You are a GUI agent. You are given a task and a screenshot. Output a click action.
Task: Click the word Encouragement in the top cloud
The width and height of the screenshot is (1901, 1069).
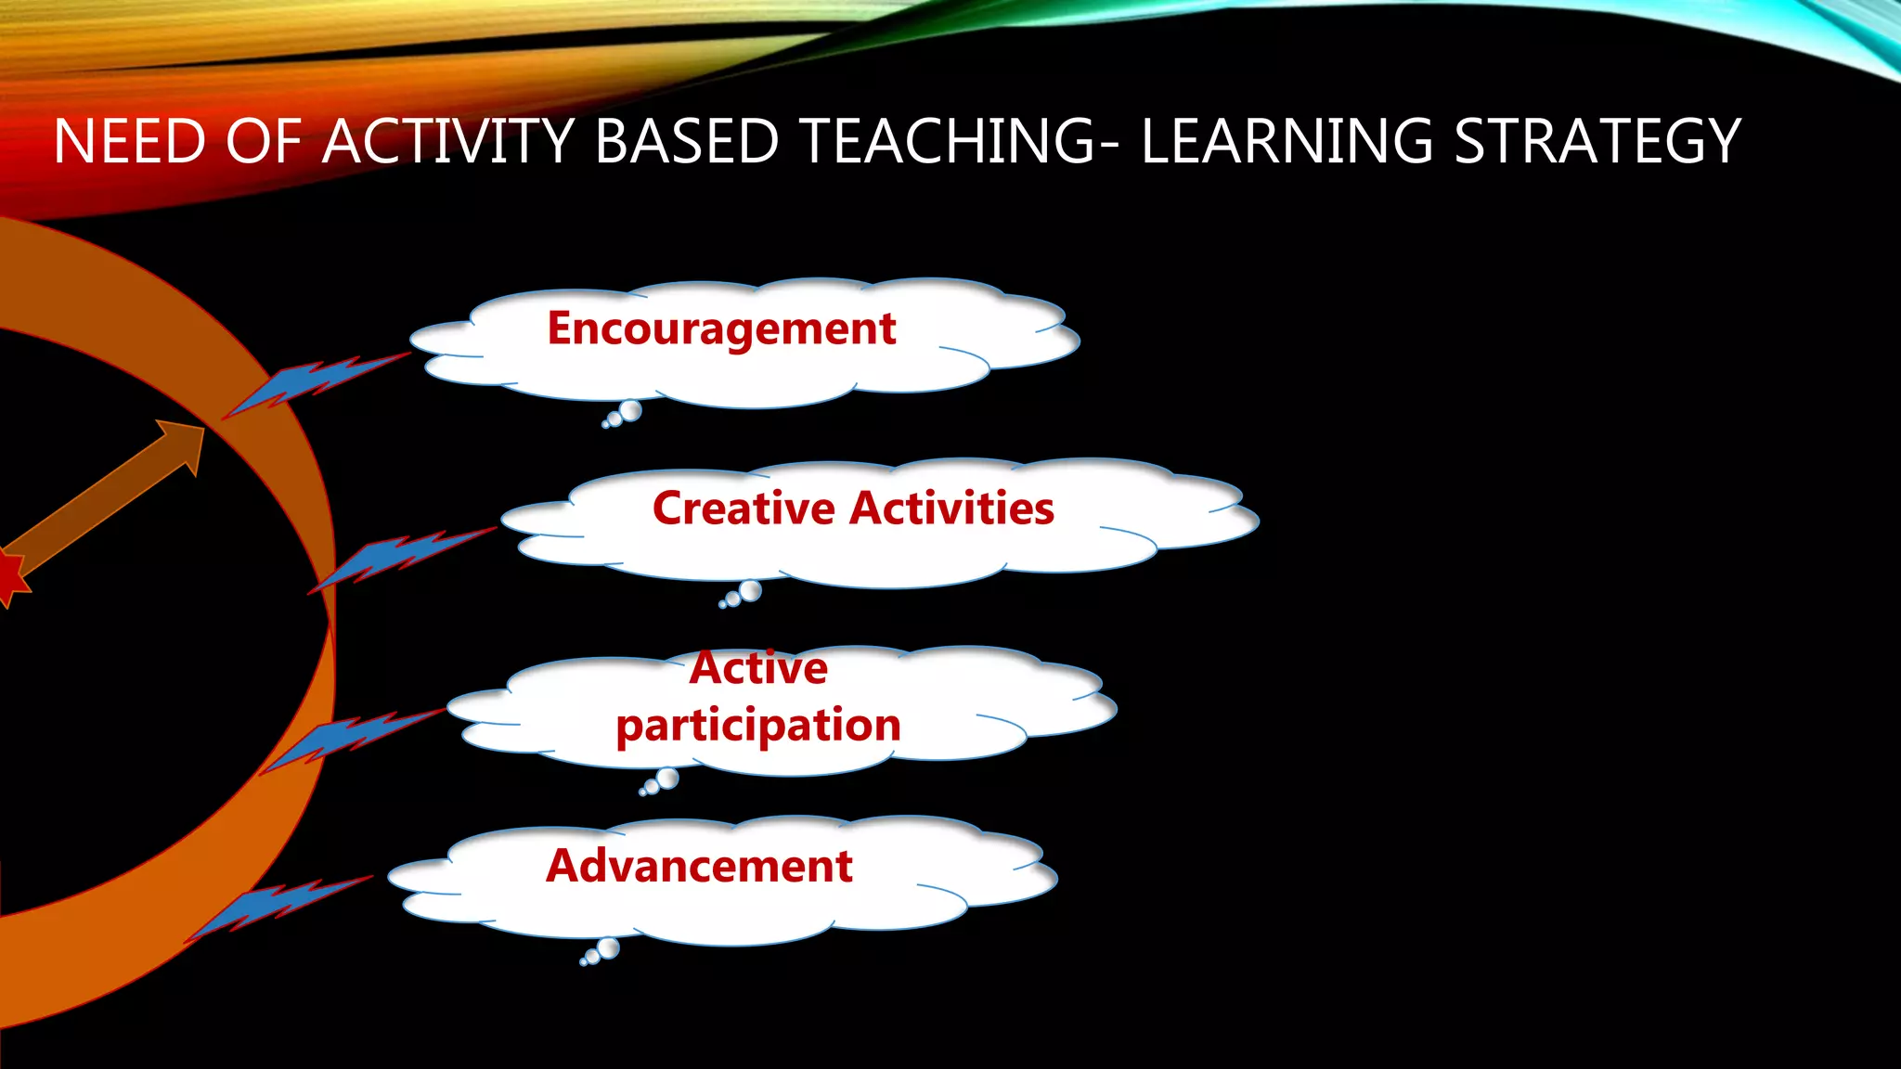click(x=721, y=329)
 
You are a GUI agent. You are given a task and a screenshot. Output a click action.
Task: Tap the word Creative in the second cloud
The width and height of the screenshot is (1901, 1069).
click(x=744, y=509)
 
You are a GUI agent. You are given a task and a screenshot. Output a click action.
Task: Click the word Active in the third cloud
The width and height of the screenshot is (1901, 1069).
click(x=758, y=669)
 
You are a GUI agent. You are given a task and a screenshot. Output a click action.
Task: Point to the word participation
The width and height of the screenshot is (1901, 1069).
click(x=758, y=726)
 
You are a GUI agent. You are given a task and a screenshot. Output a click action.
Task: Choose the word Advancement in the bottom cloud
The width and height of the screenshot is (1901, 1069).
click(x=699, y=866)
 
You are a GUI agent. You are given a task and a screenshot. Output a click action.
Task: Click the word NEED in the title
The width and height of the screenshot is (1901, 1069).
click(x=129, y=142)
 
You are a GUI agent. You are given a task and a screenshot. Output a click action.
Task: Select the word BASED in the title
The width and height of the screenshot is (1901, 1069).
click(x=686, y=142)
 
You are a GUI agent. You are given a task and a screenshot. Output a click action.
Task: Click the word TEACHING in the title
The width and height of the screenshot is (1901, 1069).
click(x=948, y=142)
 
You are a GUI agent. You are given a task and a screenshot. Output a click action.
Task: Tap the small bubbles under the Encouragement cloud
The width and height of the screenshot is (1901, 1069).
click(x=623, y=414)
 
